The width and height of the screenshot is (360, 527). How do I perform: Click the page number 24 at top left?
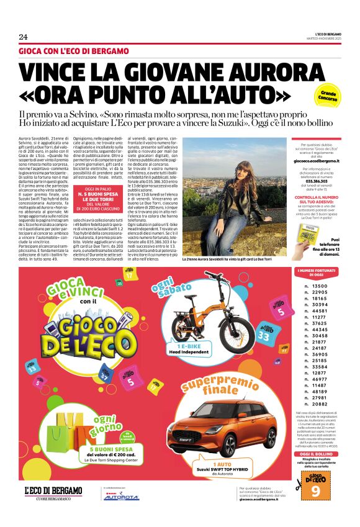[23, 36]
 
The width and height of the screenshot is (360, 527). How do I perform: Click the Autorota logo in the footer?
[121, 497]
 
